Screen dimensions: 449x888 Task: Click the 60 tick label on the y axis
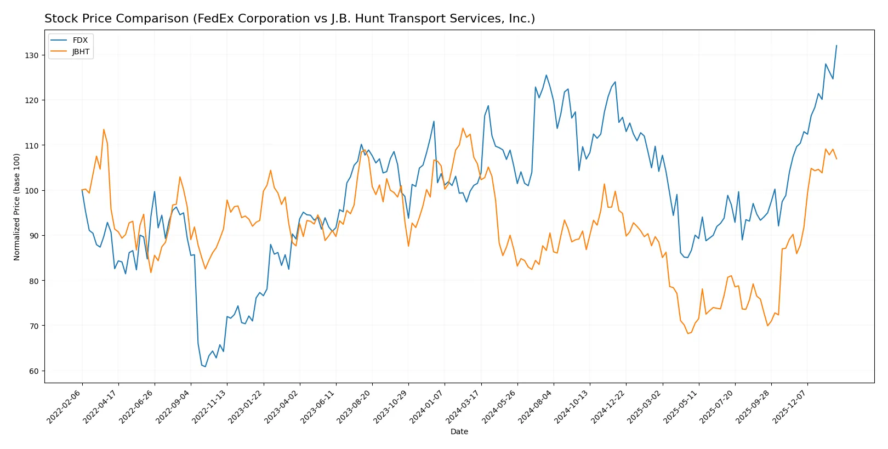[x=33, y=371]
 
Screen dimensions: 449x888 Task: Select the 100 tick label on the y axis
[x=31, y=191]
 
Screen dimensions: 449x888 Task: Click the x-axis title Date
[x=459, y=431]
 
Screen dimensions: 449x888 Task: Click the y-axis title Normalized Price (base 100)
[x=17, y=207]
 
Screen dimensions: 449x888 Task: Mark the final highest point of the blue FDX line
[x=836, y=46]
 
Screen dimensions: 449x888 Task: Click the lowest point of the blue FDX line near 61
[x=205, y=366]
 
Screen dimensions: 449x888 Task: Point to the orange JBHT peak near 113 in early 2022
[x=104, y=129]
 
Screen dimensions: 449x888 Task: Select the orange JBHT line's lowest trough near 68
[x=687, y=333]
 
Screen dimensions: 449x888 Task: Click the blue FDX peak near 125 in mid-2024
[x=546, y=75]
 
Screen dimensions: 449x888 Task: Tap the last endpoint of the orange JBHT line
[x=836, y=159]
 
